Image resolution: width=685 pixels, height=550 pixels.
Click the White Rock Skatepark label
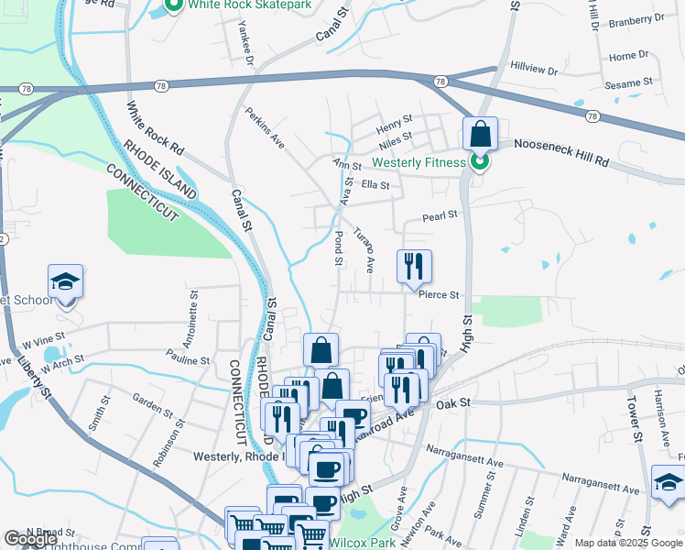tap(250, 5)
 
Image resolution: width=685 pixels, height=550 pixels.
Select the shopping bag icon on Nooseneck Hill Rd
tap(479, 136)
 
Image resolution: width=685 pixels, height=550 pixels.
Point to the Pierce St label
tap(438, 296)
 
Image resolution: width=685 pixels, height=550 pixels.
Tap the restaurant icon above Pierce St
tap(414, 267)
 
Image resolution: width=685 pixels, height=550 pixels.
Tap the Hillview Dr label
tap(534, 70)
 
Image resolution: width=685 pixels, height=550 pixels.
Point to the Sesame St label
tap(628, 82)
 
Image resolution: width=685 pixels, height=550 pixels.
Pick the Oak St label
tap(452, 403)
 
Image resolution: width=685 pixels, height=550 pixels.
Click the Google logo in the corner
tap(30, 539)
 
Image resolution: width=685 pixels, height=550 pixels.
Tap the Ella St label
tap(375, 185)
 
